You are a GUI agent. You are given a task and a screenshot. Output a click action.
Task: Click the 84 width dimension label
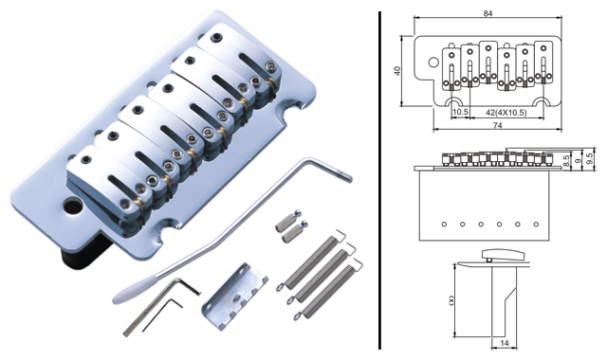487,13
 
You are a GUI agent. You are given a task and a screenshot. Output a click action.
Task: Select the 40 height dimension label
396,71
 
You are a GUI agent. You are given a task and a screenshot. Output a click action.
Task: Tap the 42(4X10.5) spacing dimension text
506,113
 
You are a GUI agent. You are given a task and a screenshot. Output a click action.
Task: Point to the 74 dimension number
497,125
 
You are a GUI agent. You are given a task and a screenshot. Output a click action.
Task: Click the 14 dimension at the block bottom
504,343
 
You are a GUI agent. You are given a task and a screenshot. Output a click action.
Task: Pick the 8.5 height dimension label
567,161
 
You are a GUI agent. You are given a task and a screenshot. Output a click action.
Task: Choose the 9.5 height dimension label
590,158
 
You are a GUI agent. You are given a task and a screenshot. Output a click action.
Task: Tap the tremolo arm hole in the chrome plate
72,207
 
